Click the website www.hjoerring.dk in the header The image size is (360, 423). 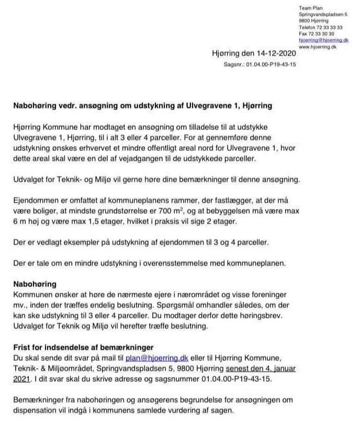click(317, 47)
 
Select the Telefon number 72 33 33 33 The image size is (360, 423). click(328, 28)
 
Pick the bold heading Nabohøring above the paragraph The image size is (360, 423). click(35, 284)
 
